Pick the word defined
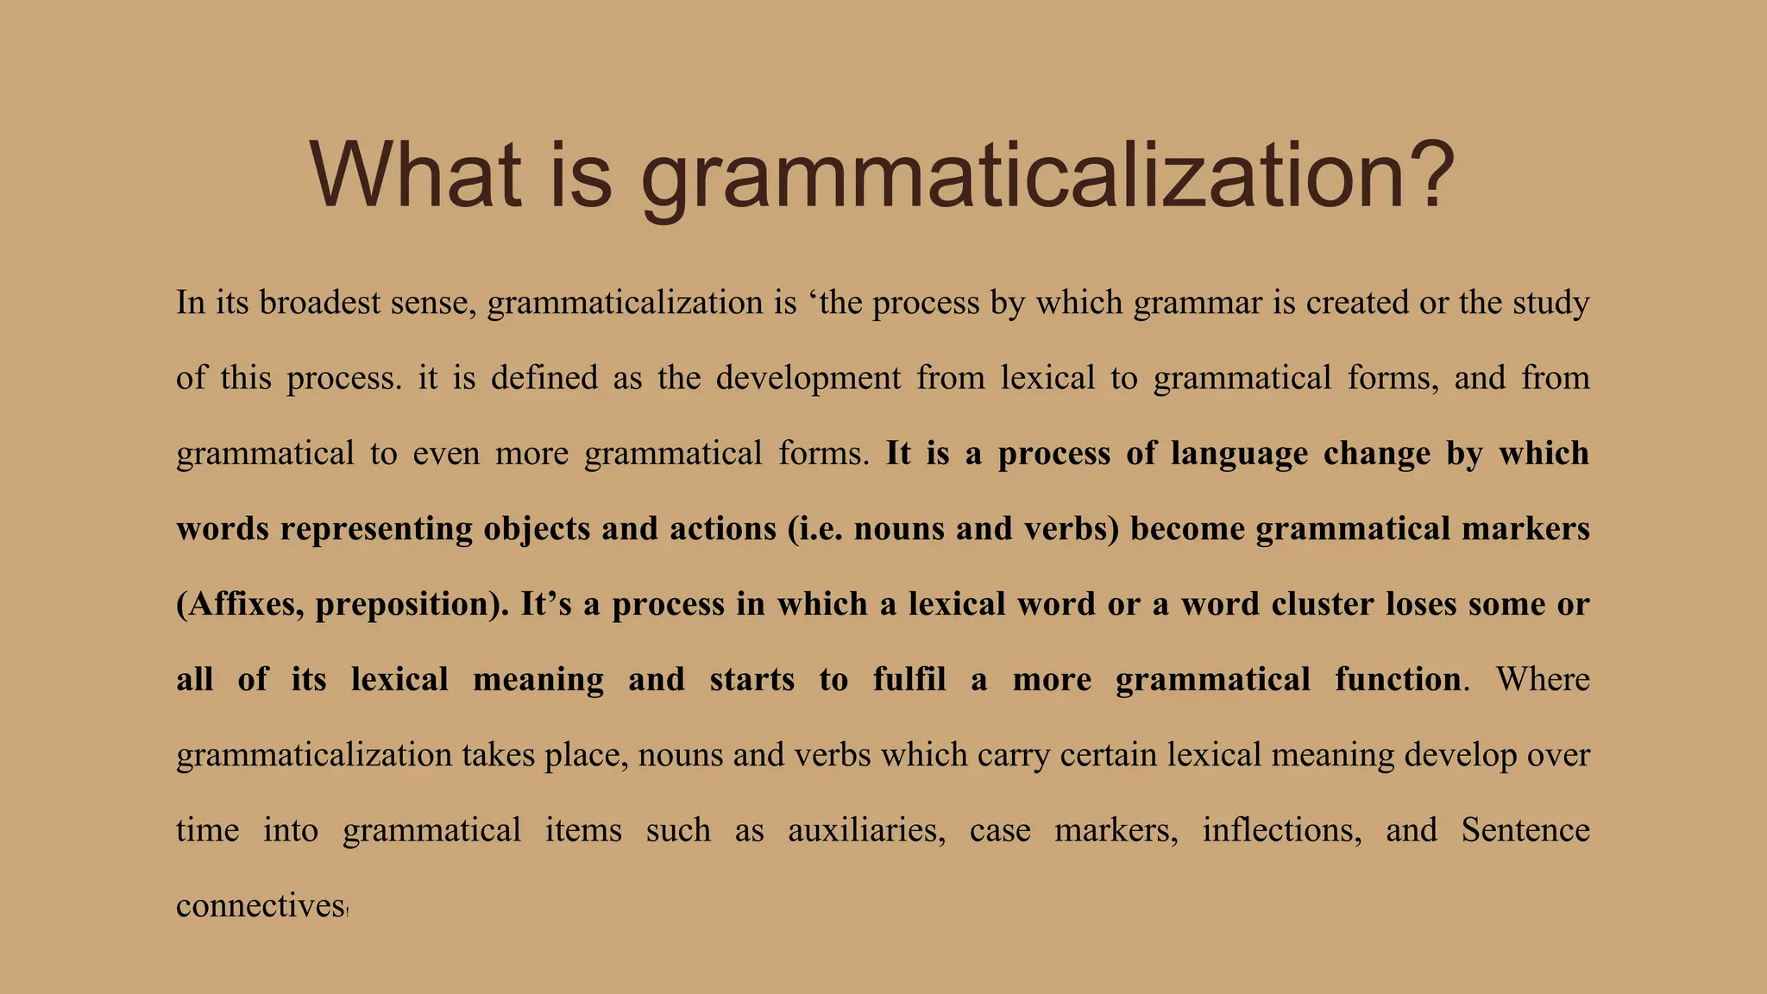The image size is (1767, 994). [x=544, y=378]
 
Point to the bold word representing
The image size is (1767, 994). [x=376, y=529]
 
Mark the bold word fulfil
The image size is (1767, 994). [x=909, y=679]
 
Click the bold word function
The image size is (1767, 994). [x=1398, y=679]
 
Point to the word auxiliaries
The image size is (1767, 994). [x=866, y=830]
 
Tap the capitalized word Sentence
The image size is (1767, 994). [x=1525, y=830]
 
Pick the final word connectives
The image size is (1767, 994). [x=261, y=906]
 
